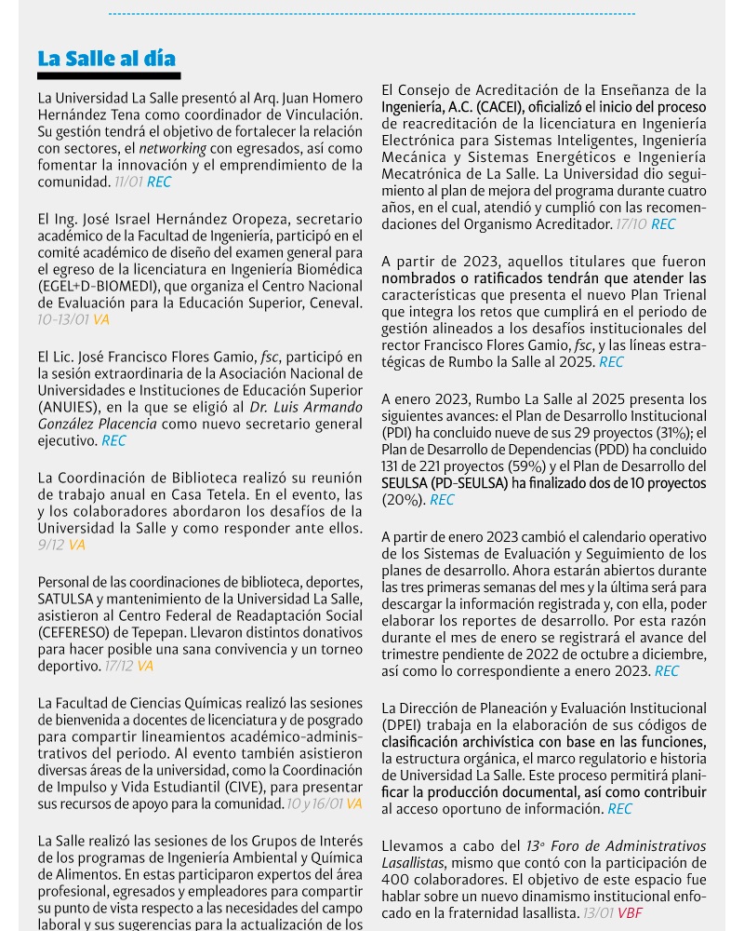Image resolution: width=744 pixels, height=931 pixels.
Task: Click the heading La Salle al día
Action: coord(106,59)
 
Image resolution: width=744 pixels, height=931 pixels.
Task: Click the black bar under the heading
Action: coord(109,75)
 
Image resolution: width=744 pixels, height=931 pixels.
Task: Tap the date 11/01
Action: coord(128,182)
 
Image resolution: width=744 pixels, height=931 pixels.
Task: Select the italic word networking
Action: coord(169,148)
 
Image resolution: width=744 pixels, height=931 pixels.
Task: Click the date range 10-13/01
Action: coord(63,319)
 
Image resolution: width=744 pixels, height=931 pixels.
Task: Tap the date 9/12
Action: coord(51,545)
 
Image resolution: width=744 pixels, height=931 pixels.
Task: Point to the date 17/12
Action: coord(119,666)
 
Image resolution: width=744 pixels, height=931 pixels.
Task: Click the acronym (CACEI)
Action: coord(501,107)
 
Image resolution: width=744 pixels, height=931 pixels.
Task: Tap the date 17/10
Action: coord(631,224)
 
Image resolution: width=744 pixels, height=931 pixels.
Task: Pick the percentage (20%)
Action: coord(403,500)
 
